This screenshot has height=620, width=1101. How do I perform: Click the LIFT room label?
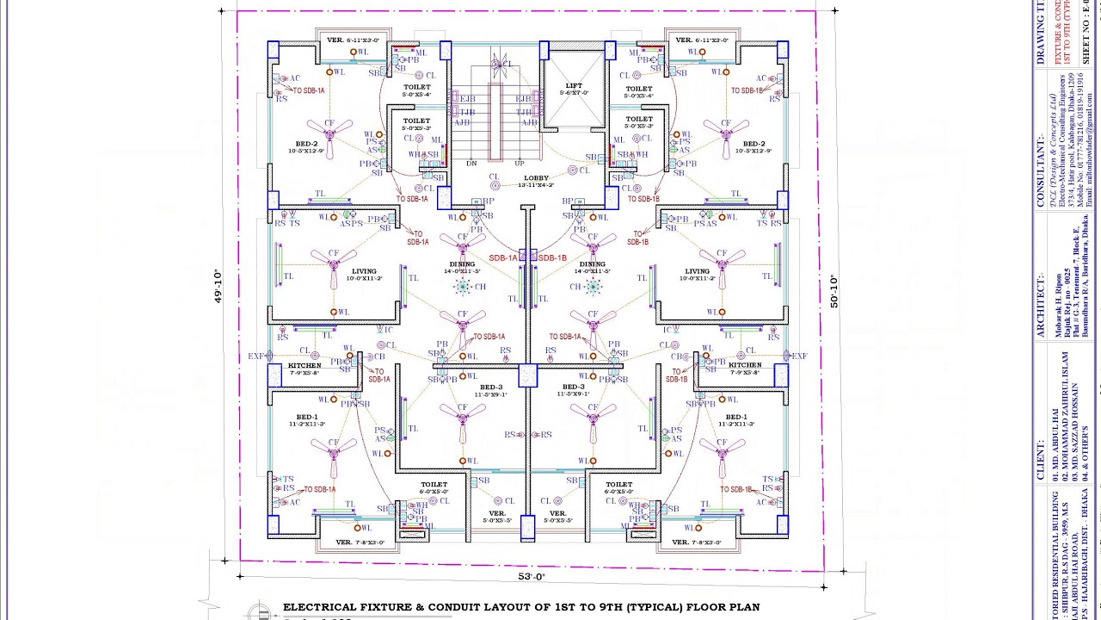574,85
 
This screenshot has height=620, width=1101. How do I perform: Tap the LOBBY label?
536,178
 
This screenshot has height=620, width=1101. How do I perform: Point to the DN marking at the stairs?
471,163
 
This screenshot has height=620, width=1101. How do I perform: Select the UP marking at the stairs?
519,163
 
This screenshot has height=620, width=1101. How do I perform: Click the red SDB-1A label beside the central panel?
503,257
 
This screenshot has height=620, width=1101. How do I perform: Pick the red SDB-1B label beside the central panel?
552,257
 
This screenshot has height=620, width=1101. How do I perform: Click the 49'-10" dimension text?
218,287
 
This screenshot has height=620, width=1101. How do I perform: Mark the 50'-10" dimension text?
833,291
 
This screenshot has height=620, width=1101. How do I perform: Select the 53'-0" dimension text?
532,577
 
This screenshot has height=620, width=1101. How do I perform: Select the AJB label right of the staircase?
528,123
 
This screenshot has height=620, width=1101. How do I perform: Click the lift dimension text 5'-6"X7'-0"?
574,93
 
